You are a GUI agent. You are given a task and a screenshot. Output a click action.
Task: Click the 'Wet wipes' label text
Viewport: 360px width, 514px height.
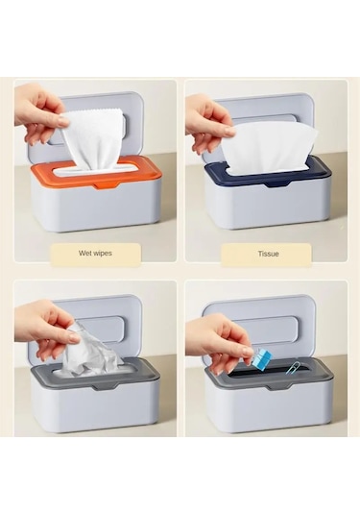tap(95, 253)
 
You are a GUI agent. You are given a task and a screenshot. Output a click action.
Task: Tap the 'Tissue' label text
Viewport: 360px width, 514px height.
tap(268, 254)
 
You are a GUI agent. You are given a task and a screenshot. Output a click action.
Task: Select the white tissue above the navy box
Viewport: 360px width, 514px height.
tap(271, 148)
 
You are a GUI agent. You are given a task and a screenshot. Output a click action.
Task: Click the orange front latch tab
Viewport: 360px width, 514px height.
tap(106, 185)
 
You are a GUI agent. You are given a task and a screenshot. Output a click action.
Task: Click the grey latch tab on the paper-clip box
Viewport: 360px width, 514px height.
tap(278, 387)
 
